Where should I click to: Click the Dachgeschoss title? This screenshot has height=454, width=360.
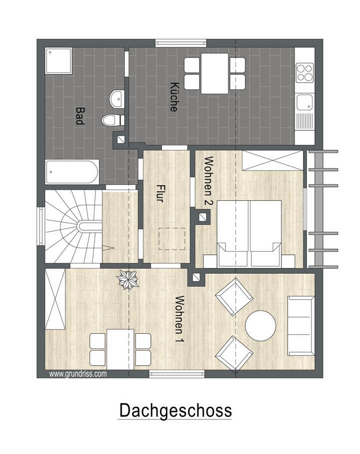pos(175,411)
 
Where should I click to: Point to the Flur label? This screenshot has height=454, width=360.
pos(160,194)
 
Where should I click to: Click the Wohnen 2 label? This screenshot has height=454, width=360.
pos(209,181)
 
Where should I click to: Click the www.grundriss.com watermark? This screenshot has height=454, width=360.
pos(77,373)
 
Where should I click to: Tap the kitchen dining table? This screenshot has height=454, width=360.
pos(215,74)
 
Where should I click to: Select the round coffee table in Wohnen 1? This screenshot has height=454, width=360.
pos(260,325)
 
